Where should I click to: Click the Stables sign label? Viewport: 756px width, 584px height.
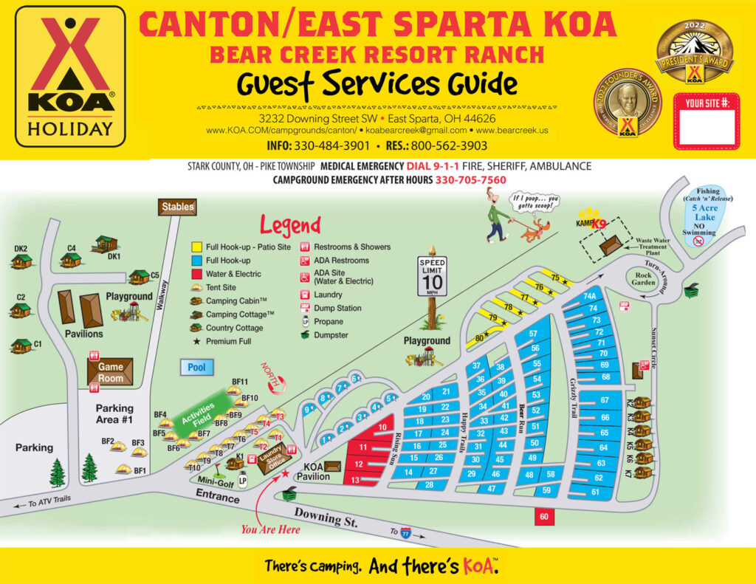click(x=177, y=207)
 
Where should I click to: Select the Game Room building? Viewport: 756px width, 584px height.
click(x=111, y=371)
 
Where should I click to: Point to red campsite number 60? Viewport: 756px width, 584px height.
click(x=543, y=517)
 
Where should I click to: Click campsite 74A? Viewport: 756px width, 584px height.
click(x=589, y=297)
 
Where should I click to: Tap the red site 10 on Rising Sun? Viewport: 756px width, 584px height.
click(x=382, y=427)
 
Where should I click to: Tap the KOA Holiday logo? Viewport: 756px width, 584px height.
click(x=70, y=77)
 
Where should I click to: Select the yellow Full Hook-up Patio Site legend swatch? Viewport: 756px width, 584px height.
click(x=196, y=247)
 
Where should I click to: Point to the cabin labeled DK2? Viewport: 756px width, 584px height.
click(x=21, y=260)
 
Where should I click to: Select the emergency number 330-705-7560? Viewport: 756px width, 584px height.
click(x=470, y=180)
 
